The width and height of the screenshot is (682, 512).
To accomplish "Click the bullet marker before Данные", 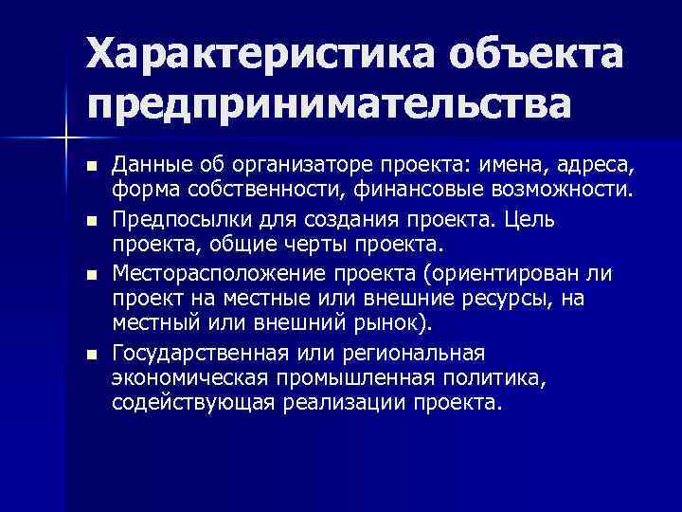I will click(x=92, y=167).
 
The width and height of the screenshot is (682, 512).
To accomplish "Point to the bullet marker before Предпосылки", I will click(x=92, y=221).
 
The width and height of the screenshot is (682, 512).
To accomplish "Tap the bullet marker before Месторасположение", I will click(x=92, y=275).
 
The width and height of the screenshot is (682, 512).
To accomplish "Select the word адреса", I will click(x=583, y=167).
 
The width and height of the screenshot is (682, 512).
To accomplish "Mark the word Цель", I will click(x=562, y=220).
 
